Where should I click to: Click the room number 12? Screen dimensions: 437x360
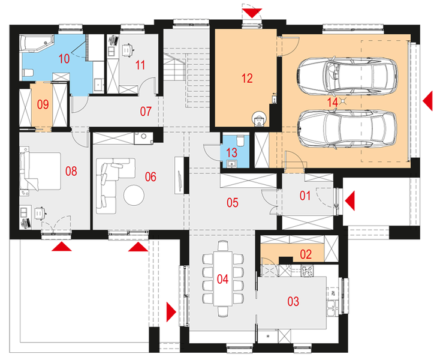point(247,79)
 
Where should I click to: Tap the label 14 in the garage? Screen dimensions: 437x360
point(333,103)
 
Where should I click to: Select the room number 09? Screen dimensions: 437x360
point(43,104)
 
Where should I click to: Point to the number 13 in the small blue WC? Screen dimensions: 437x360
point(231,152)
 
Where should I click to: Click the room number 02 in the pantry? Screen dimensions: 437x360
point(306,254)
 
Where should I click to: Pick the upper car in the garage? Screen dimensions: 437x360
point(348,76)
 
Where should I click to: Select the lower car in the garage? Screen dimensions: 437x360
point(346,128)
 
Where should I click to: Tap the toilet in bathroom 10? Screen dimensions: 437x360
point(28,73)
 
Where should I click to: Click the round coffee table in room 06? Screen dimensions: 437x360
point(134,195)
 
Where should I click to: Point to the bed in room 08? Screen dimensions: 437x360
point(40,171)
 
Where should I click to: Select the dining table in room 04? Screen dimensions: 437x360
point(223,279)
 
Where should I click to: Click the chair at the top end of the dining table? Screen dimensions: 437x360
point(223,246)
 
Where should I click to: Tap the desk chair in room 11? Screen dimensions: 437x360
point(127,50)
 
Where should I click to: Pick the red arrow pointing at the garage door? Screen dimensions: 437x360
point(428,101)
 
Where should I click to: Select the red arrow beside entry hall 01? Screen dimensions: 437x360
point(349,200)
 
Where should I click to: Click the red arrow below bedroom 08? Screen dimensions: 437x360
point(62,247)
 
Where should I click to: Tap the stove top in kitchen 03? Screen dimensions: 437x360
point(307,271)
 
